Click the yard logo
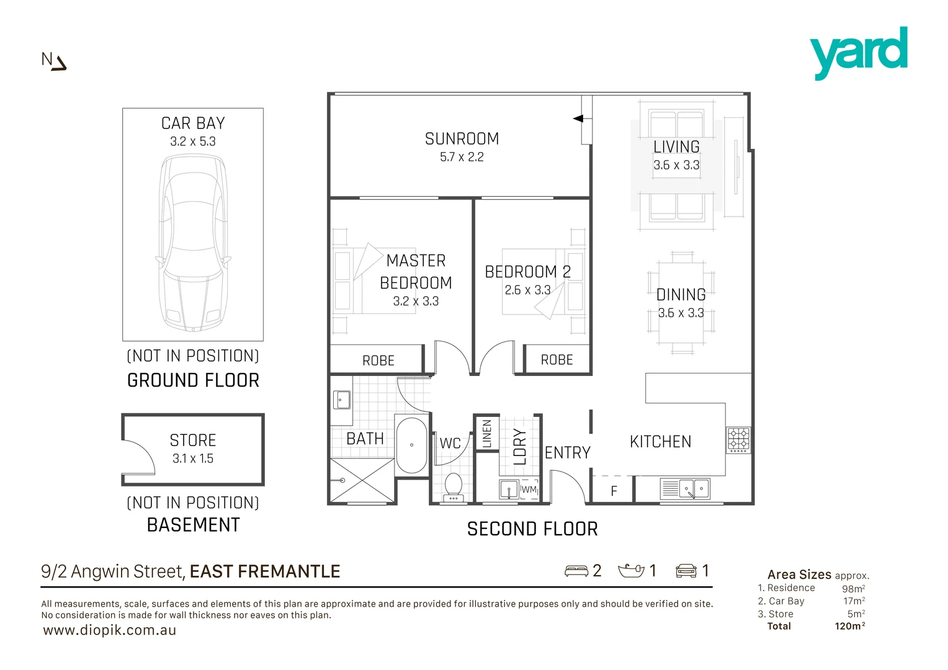[859, 52]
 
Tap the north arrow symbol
[54, 61]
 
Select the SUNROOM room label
[462, 139]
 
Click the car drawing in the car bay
[193, 243]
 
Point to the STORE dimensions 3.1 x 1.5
[193, 459]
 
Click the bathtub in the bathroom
[411, 445]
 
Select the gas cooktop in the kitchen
[738, 440]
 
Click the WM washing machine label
[529, 489]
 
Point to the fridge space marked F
[614, 491]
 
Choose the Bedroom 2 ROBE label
[557, 360]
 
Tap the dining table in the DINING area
[681, 303]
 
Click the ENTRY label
[567, 453]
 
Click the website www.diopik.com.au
[110, 630]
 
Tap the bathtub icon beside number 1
[631, 570]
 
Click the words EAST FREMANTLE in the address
[265, 571]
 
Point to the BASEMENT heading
[193, 525]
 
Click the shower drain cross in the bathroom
[362, 480]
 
